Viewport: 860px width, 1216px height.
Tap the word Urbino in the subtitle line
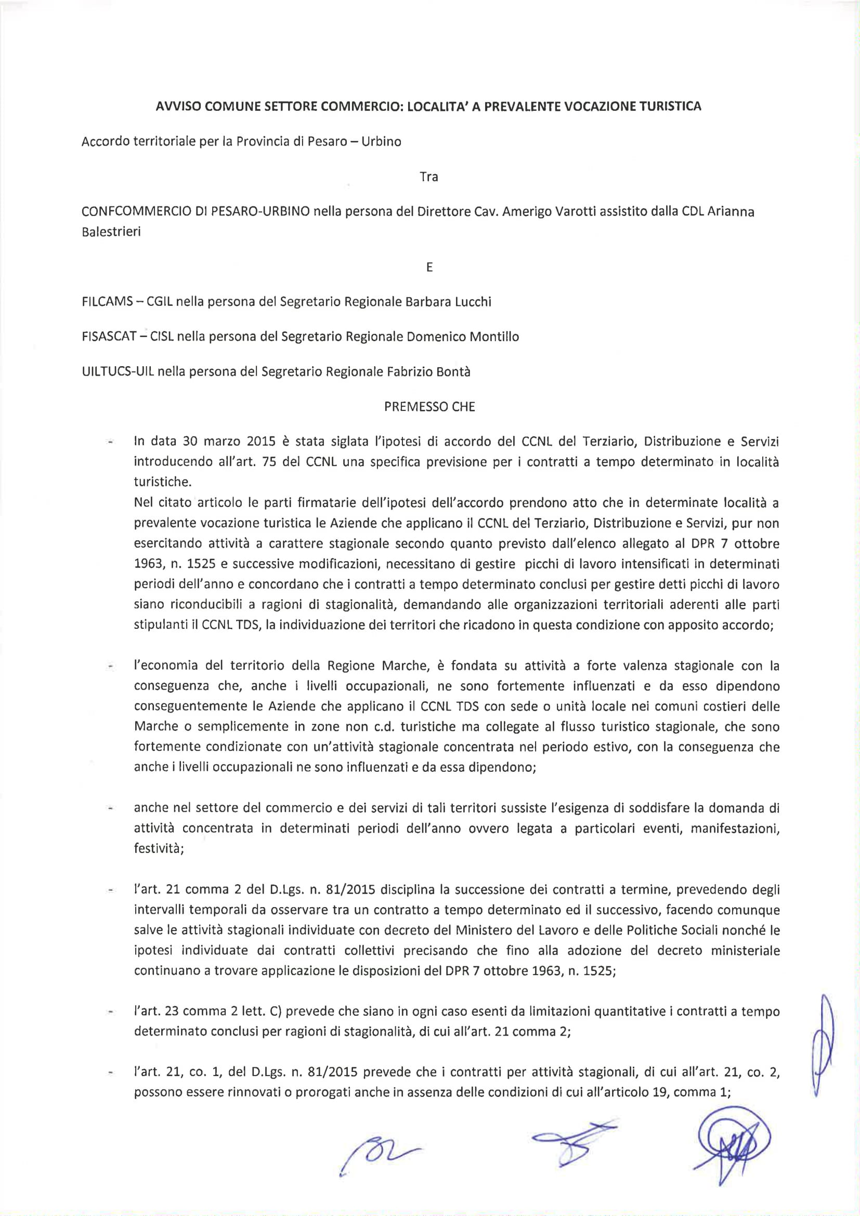pyautogui.click(x=381, y=142)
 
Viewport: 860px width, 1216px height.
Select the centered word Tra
pyautogui.click(x=428, y=177)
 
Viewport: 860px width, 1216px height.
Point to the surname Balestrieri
pyautogui.click(x=111, y=232)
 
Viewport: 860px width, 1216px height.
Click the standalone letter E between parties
pyautogui.click(x=429, y=267)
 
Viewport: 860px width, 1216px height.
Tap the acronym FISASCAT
pyautogui.click(x=109, y=337)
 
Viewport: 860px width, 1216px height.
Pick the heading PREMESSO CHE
pyautogui.click(x=429, y=407)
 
